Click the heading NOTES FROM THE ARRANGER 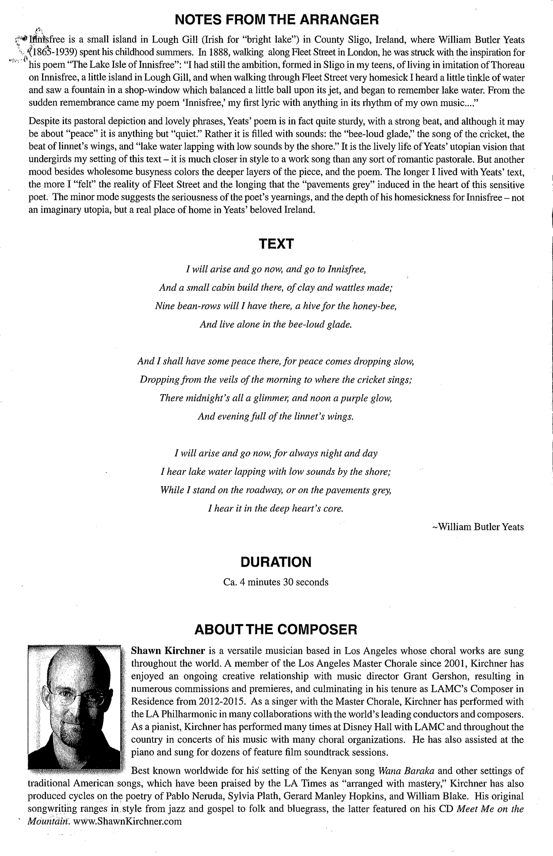276,19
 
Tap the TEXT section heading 276,244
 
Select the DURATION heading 276,562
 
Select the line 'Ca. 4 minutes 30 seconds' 276,582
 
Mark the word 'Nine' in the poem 164,306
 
